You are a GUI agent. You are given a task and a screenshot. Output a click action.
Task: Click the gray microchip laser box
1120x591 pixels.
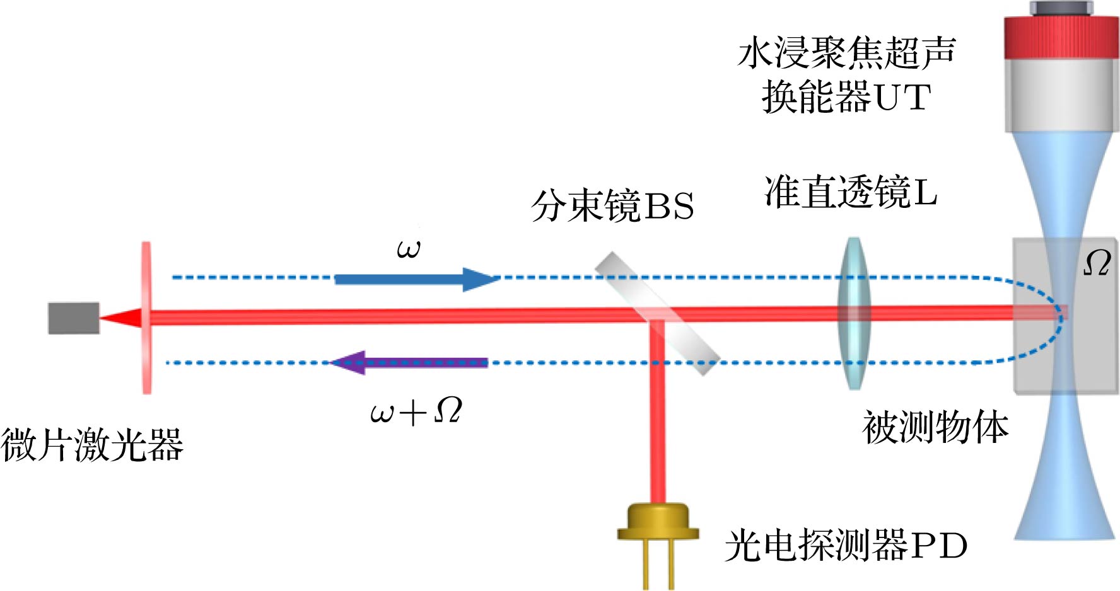pyautogui.click(x=74, y=318)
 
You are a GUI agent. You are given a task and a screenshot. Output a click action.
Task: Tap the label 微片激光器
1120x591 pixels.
pyautogui.click(x=92, y=445)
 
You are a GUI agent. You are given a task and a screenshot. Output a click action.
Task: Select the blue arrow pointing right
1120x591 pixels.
pyautogui.click(x=417, y=279)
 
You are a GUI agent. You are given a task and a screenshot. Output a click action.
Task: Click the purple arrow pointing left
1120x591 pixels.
pyautogui.click(x=409, y=363)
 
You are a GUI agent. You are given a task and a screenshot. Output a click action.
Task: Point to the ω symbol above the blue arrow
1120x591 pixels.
pyautogui.click(x=409, y=250)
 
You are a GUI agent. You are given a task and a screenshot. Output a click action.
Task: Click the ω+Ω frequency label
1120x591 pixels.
pyautogui.click(x=416, y=411)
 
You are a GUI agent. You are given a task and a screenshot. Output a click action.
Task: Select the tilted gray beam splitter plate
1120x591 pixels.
pyautogui.click(x=658, y=314)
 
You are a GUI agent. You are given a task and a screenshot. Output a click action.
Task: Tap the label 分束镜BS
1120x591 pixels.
pyautogui.click(x=612, y=206)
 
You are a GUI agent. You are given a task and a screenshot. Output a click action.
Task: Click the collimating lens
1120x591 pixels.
pyautogui.click(x=855, y=313)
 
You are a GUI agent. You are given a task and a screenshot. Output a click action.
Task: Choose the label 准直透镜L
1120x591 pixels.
pyautogui.click(x=851, y=192)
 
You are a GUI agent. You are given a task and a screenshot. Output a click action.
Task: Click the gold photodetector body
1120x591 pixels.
pyautogui.click(x=658, y=522)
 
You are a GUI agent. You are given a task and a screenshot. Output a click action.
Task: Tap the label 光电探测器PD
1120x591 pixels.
pyautogui.click(x=846, y=545)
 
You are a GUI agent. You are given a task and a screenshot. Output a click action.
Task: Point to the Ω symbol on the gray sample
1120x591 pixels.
pyautogui.click(x=1097, y=263)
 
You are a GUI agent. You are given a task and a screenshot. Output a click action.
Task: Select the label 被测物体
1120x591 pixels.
pyautogui.click(x=935, y=428)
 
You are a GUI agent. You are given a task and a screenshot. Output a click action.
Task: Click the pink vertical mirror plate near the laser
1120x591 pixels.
pyautogui.click(x=146, y=318)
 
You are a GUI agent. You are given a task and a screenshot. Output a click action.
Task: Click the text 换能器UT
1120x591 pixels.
pyautogui.click(x=846, y=98)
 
